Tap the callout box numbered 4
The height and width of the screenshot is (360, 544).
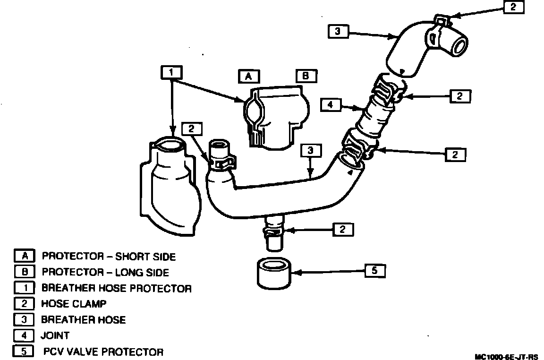(331, 104)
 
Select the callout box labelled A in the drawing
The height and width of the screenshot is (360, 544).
(248, 76)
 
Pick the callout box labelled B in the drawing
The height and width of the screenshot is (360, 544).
(306, 76)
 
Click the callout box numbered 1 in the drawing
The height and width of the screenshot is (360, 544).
(171, 72)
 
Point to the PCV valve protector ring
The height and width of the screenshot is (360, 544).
(274, 274)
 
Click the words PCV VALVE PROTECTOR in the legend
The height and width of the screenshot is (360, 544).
(103, 351)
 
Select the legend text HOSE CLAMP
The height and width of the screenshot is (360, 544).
(74, 304)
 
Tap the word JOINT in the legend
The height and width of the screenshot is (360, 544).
(55, 335)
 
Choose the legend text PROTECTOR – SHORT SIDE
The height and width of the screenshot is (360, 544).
(109, 257)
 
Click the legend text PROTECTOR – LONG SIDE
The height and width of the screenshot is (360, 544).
(105, 272)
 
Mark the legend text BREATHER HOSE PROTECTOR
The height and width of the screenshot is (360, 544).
(116, 288)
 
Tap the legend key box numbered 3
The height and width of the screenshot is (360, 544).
(24, 319)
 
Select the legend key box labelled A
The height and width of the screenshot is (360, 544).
(24, 256)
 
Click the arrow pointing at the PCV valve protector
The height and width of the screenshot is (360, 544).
(331, 272)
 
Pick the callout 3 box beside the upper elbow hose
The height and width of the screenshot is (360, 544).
(338, 32)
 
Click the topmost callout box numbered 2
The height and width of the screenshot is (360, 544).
(513, 8)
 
